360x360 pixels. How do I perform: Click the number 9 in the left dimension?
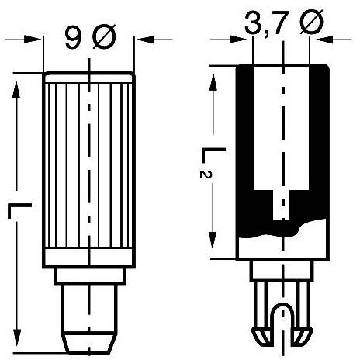(x=72, y=36)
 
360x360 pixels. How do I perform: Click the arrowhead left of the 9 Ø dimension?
(x=37, y=37)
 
